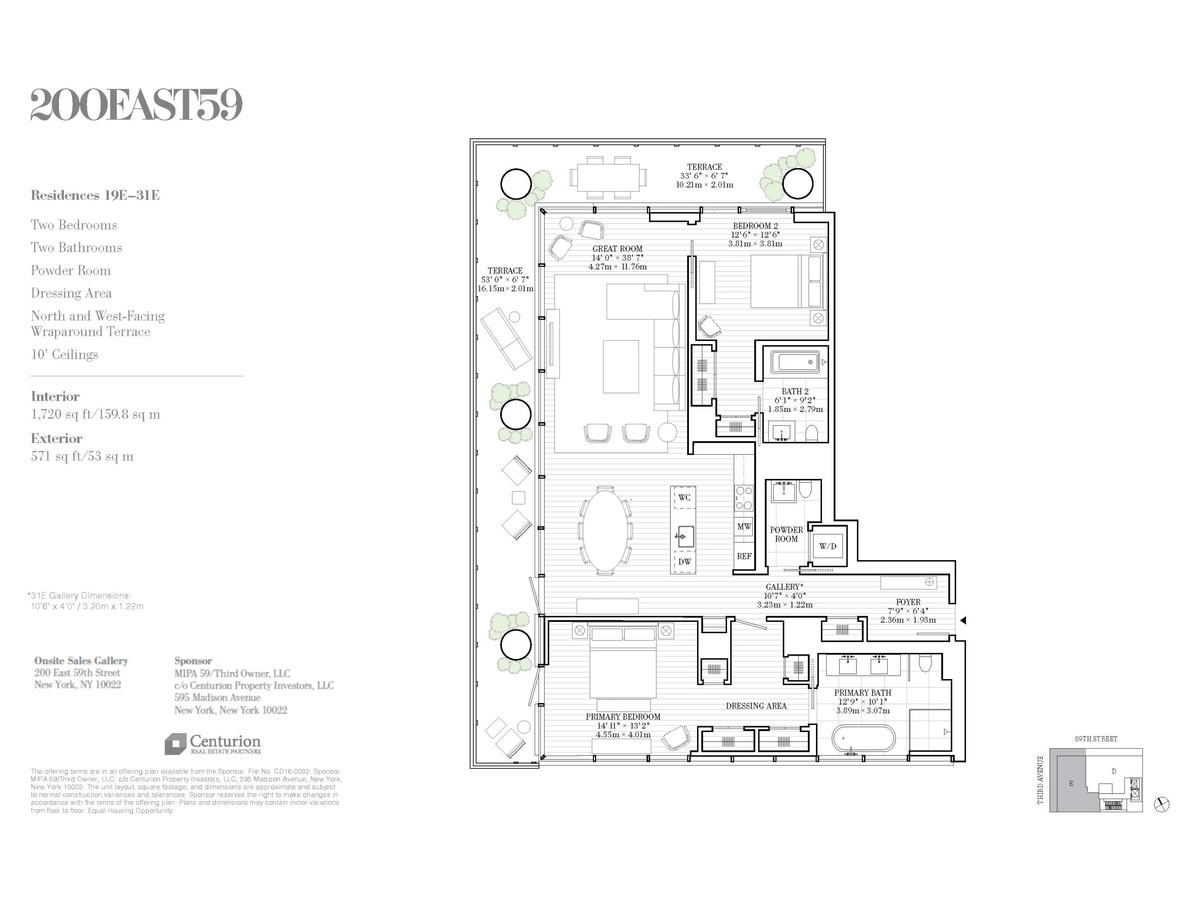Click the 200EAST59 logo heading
click(x=136, y=105)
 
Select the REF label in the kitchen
click(x=744, y=556)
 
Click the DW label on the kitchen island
click(x=684, y=562)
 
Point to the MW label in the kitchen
click(x=744, y=526)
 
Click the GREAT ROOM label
click(x=617, y=249)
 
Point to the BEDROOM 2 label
click(x=755, y=226)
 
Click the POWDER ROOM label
click(x=786, y=534)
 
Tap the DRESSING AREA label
click(x=756, y=706)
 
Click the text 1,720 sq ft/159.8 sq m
click(x=96, y=415)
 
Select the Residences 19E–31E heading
click(x=95, y=195)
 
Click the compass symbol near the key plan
click(x=1162, y=804)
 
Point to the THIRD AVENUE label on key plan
click(x=1040, y=779)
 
